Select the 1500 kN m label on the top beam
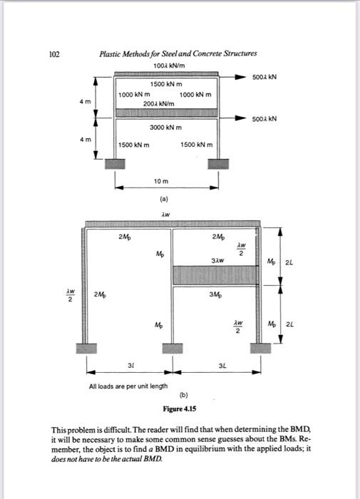pyautogui.click(x=167, y=84)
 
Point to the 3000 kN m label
pyautogui.click(x=167, y=128)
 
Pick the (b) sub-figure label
pyautogui.click(x=182, y=394)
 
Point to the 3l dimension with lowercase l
pyautogui.click(x=129, y=367)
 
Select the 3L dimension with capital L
pyautogui.click(x=214, y=367)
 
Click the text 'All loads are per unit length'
pyautogui.click(x=128, y=386)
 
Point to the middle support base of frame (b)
pyautogui.click(x=170, y=349)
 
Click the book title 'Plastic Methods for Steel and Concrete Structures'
pyautogui.click(x=178, y=53)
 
